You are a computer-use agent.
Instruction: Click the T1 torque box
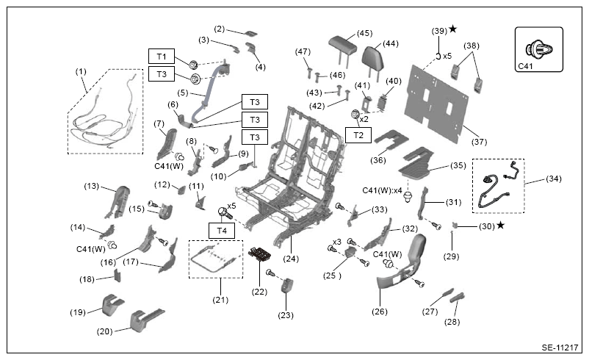(162, 57)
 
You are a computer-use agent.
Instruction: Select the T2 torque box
(358, 135)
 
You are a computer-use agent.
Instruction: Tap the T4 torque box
(222, 231)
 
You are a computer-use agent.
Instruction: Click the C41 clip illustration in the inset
(539, 48)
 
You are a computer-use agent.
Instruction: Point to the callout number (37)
(479, 142)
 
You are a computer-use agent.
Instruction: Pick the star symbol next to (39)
(453, 29)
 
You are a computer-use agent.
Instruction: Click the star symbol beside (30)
(500, 225)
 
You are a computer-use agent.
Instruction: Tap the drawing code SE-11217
(560, 348)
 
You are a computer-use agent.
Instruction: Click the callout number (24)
(291, 259)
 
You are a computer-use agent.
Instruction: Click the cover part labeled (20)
(145, 320)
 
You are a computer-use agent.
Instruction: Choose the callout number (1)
(81, 71)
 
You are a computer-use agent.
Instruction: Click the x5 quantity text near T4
(231, 206)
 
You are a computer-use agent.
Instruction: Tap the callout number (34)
(554, 179)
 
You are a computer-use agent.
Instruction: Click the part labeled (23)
(287, 286)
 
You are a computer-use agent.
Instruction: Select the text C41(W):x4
(382, 190)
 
